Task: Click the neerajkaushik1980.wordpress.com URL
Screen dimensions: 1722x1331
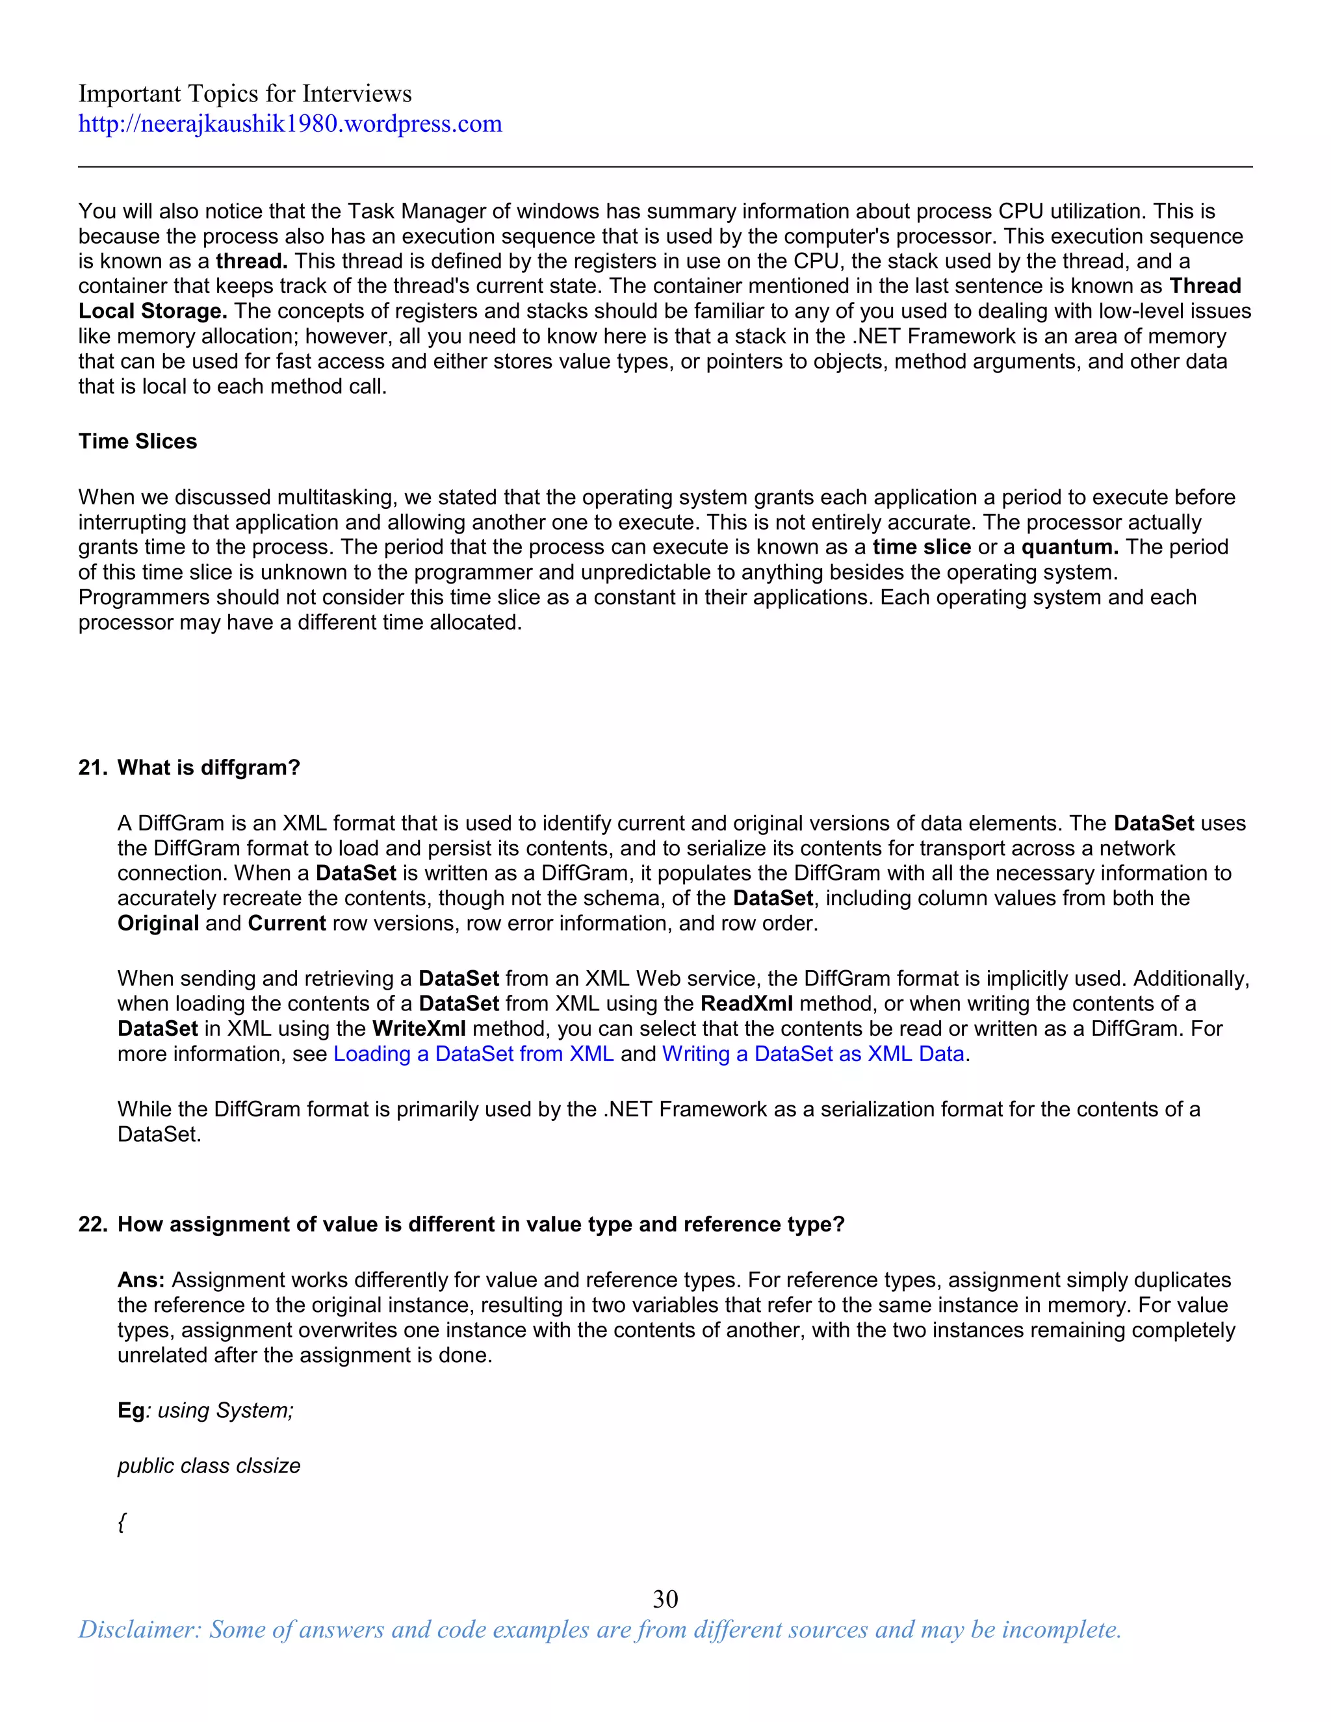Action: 289,123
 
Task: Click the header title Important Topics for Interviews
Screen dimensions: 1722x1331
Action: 244,94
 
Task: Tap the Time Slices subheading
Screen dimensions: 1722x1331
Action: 137,441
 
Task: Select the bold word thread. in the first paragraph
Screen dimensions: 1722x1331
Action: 252,261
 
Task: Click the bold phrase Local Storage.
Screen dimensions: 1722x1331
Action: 152,311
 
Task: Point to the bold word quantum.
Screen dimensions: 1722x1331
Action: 1069,547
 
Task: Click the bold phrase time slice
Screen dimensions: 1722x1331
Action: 921,547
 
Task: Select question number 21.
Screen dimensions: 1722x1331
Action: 92,768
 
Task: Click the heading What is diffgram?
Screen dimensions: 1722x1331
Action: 209,768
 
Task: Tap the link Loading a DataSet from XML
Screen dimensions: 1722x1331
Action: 473,1054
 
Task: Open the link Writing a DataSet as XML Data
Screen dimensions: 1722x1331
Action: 813,1054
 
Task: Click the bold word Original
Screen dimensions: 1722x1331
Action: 158,923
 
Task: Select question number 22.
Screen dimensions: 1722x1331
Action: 92,1224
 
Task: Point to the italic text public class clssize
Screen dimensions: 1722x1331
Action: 209,1466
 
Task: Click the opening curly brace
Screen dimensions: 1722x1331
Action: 122,1523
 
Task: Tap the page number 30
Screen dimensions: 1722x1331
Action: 665,1599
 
